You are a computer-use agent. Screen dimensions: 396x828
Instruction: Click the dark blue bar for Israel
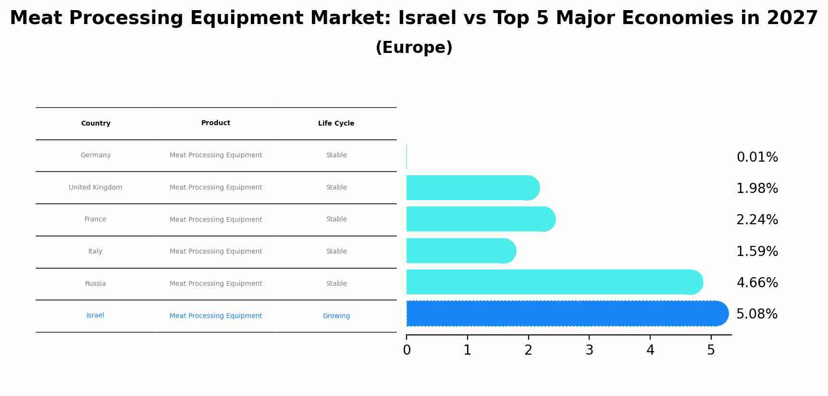click(x=567, y=313)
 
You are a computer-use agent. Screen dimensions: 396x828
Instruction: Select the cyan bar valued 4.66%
click(x=553, y=282)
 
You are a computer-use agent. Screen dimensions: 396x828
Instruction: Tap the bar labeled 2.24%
click(x=481, y=219)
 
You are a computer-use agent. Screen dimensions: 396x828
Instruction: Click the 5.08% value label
click(x=757, y=314)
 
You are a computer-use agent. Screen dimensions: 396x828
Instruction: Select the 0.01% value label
click(x=757, y=157)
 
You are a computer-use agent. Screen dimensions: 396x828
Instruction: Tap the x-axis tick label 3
click(x=589, y=350)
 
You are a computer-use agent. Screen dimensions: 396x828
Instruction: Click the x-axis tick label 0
click(x=407, y=350)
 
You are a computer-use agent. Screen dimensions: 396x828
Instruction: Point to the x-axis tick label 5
click(x=711, y=350)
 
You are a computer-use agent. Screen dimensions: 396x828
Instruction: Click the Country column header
click(x=96, y=124)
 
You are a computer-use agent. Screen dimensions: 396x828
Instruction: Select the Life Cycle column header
click(x=336, y=124)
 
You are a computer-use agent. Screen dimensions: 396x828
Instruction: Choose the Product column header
click(x=215, y=123)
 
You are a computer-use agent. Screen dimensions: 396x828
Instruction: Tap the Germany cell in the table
click(x=96, y=155)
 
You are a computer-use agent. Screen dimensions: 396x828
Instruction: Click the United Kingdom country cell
click(x=95, y=188)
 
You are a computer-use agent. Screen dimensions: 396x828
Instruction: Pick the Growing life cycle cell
click(x=336, y=316)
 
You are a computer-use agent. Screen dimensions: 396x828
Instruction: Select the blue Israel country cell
click(x=95, y=316)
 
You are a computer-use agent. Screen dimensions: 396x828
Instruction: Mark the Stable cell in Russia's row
click(x=336, y=284)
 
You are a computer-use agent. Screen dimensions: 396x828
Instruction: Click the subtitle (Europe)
click(x=414, y=48)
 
